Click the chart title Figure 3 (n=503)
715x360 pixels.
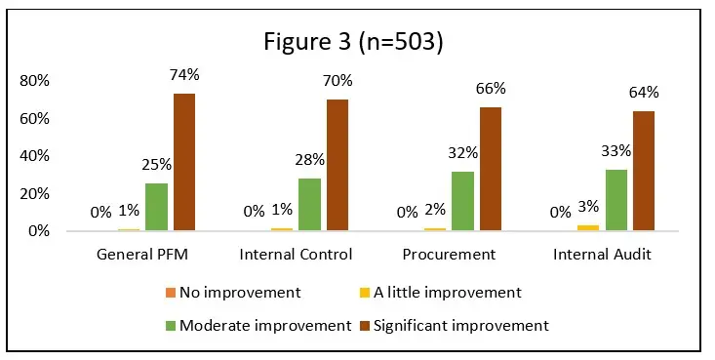click(358, 43)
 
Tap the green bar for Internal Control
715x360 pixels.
click(309, 205)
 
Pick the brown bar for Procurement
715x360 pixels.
click(490, 170)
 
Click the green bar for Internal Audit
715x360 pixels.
click(616, 200)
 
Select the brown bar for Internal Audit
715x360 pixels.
click(643, 172)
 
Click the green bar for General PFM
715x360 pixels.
click(157, 208)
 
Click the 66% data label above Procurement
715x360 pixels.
click(491, 90)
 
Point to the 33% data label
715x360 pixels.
click(617, 151)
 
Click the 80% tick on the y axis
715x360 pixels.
click(34, 81)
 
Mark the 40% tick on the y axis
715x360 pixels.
click(34, 156)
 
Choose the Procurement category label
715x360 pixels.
click(450, 255)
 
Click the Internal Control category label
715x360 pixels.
click(297, 255)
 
